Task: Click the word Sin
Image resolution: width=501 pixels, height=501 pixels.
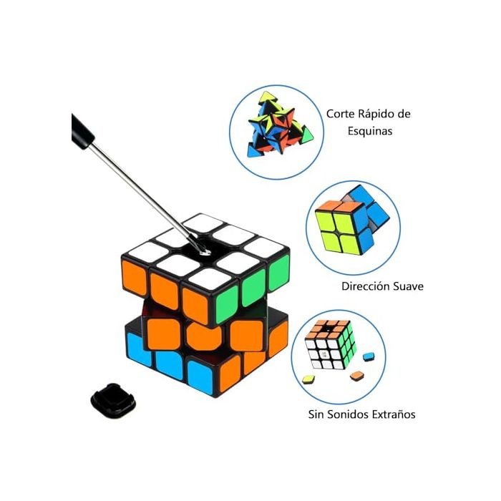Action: click(x=316, y=414)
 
